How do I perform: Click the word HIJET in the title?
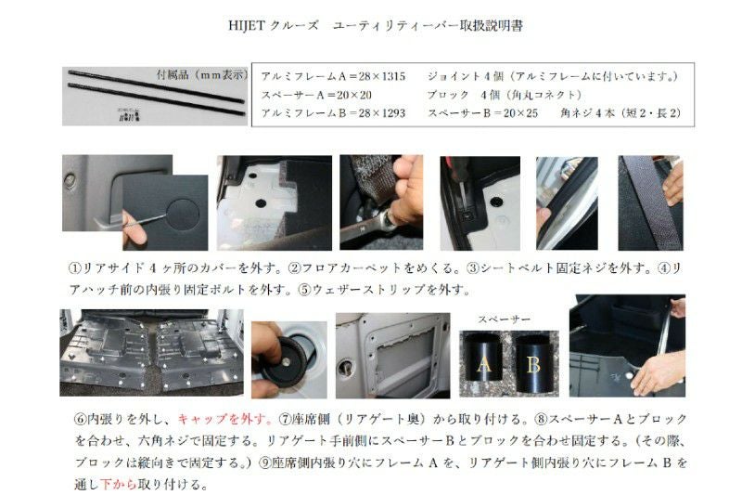coord(247,26)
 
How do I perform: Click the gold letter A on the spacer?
coord(484,365)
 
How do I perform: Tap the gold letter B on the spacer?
coord(533,365)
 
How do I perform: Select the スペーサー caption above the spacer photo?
coord(504,319)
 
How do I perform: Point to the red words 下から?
coord(119,484)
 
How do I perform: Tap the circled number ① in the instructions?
coord(75,268)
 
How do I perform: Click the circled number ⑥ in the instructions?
coord(81,419)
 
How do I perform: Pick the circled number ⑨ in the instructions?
coord(264,462)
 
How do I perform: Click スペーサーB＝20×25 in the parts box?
coord(482,113)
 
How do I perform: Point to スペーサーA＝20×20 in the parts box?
coord(316,95)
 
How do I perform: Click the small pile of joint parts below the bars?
coord(129,114)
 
